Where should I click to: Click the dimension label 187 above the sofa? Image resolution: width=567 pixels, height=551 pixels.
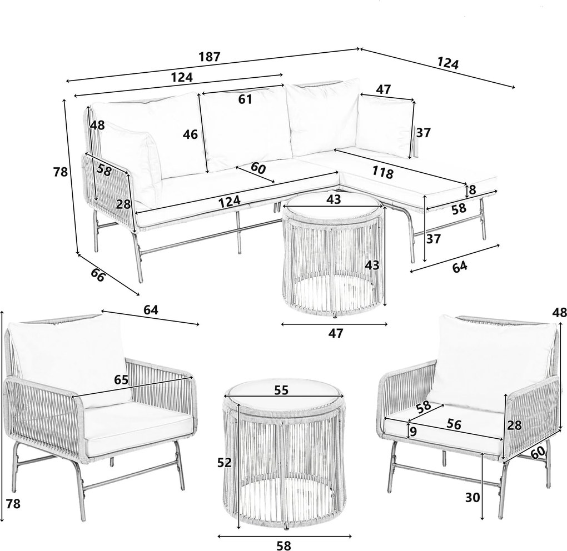point(210,57)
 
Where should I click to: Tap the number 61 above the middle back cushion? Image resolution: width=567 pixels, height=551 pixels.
point(245,99)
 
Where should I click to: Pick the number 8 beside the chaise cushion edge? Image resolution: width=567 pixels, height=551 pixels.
point(472,190)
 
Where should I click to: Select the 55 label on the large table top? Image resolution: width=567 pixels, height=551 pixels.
point(282,390)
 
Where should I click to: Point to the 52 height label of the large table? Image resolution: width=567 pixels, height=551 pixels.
point(224,462)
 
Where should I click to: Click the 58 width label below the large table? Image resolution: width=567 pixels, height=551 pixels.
point(283,546)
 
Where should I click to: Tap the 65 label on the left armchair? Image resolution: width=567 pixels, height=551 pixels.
point(121,380)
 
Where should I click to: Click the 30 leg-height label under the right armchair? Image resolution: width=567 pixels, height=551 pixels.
point(472,498)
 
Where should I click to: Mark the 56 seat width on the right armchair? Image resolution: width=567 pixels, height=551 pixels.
point(454,424)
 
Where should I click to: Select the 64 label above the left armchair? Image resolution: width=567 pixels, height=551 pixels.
point(151,310)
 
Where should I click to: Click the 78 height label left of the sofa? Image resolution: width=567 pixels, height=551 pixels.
point(61,172)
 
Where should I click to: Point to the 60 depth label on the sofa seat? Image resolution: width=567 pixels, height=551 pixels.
point(258,168)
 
